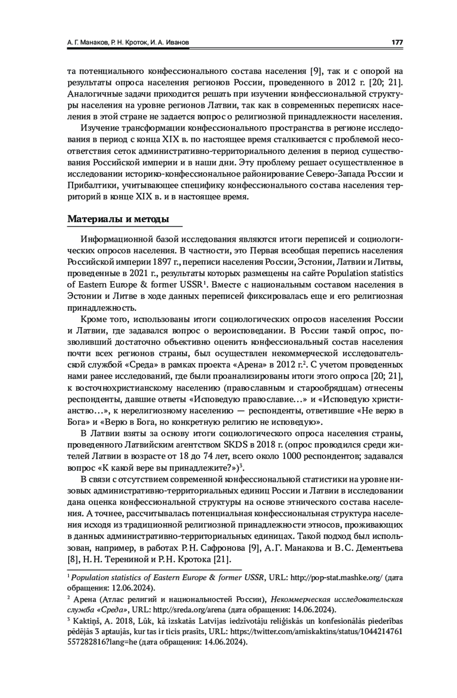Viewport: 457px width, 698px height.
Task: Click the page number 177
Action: coord(397,43)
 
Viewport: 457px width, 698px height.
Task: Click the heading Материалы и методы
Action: coord(118,219)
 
